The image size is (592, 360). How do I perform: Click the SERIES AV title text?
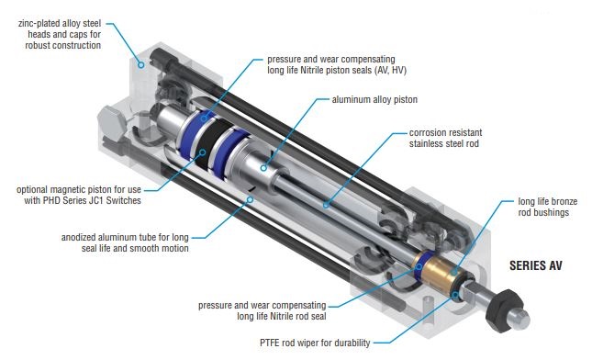[536, 265]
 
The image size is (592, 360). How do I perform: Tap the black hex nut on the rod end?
[504, 309]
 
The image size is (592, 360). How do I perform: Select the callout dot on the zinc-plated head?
[140, 64]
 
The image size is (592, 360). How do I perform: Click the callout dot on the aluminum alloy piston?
[264, 168]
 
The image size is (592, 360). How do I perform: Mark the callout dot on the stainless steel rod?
[326, 205]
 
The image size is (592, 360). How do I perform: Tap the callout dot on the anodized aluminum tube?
[250, 199]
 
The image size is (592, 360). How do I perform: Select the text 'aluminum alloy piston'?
[374, 99]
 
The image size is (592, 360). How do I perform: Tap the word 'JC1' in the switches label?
[95, 200]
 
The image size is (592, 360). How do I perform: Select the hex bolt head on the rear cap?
[111, 124]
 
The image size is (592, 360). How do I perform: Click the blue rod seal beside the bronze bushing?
[420, 266]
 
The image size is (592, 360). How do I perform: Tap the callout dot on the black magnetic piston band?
[202, 152]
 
